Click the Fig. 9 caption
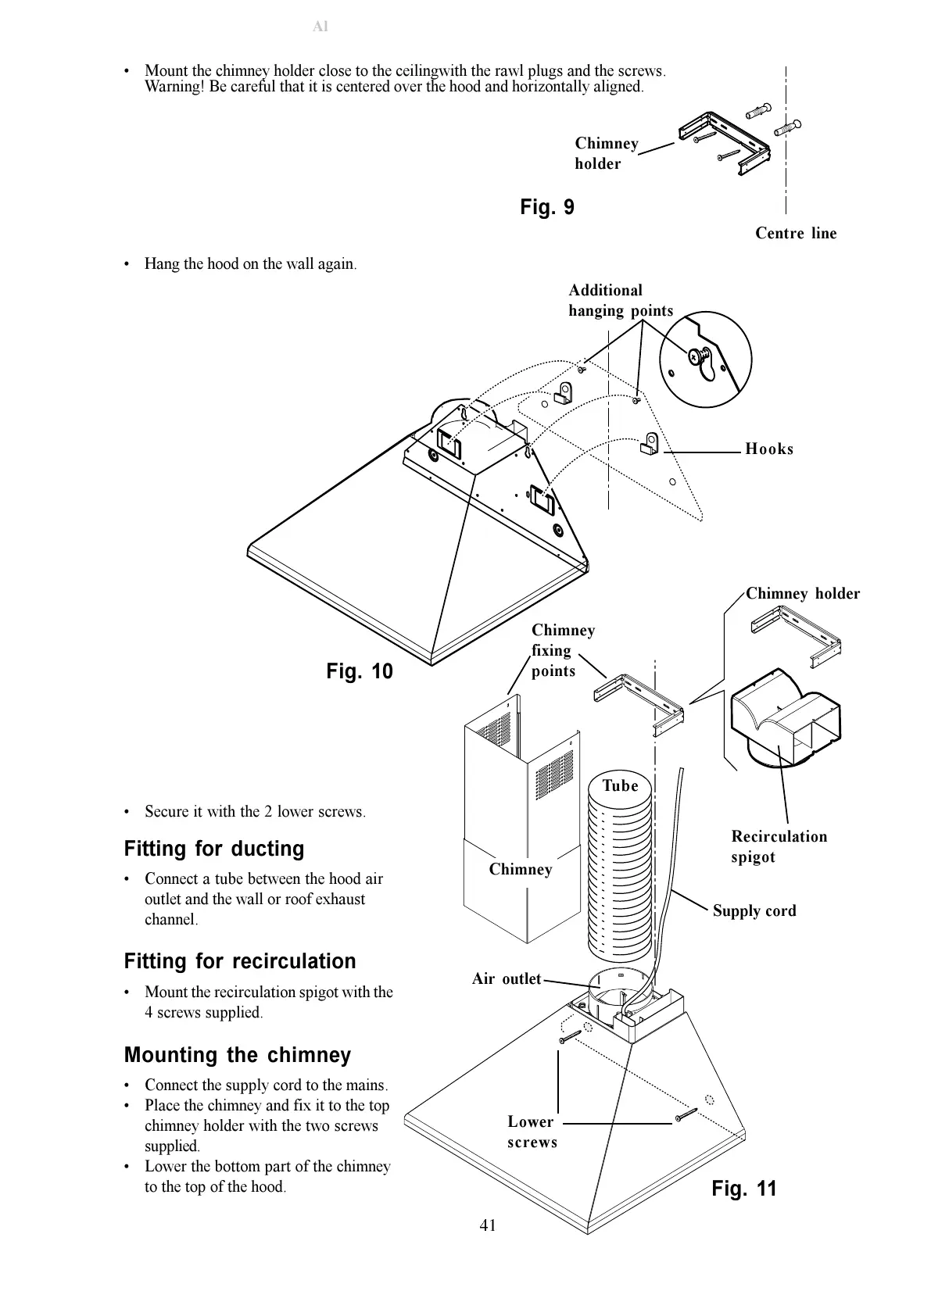(x=547, y=207)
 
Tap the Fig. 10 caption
(x=360, y=671)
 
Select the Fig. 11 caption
(x=744, y=1189)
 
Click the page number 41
(x=488, y=1225)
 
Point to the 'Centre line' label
(x=796, y=233)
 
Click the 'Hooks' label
(x=769, y=449)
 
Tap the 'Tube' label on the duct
(x=620, y=785)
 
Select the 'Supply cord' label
(x=754, y=910)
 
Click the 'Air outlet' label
(x=507, y=978)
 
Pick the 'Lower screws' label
(x=532, y=1132)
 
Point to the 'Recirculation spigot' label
(x=779, y=846)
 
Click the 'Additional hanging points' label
(x=621, y=300)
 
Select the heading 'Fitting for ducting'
(x=214, y=849)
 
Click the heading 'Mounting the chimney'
(x=238, y=1055)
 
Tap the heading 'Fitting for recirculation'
(x=240, y=961)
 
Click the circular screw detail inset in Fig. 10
(x=705, y=359)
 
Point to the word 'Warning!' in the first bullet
(x=174, y=86)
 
